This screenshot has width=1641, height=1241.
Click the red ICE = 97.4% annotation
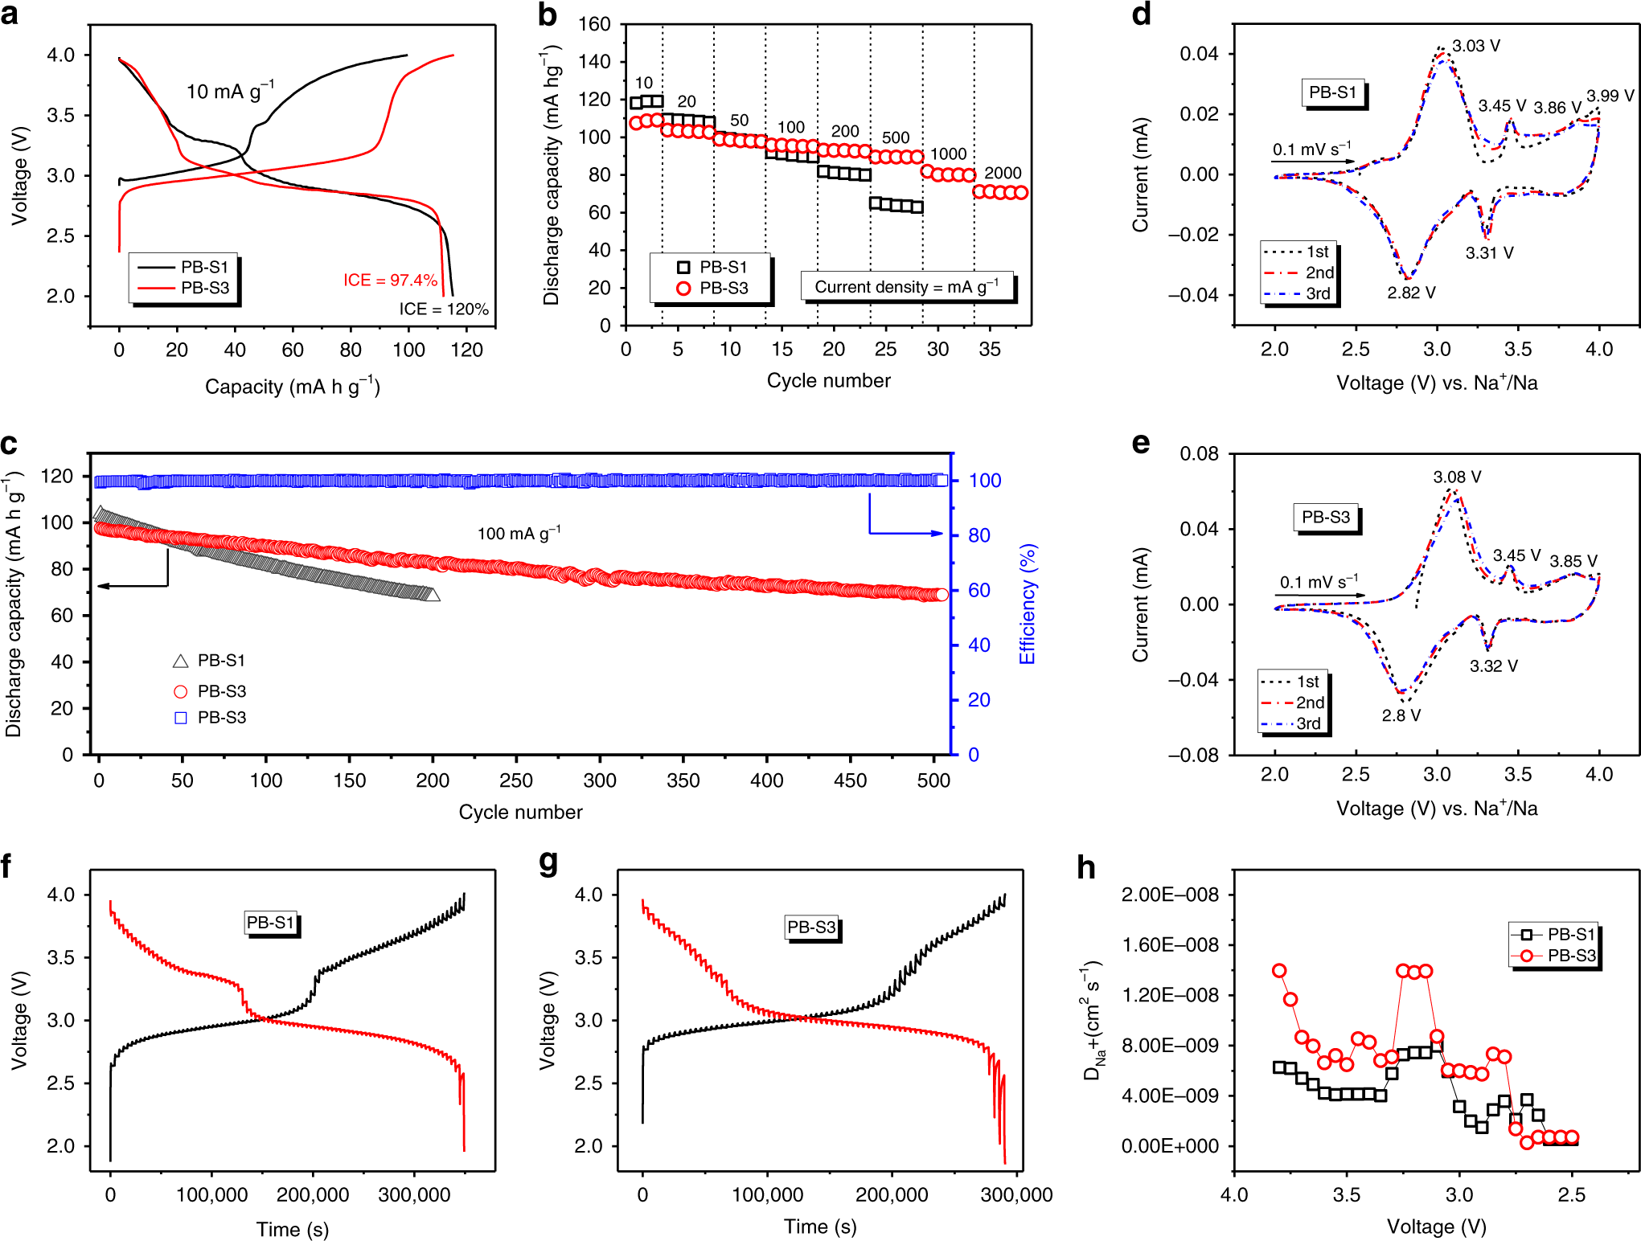(x=390, y=280)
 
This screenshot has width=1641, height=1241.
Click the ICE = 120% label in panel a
(x=444, y=309)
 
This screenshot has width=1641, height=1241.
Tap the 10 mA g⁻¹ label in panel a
(x=230, y=91)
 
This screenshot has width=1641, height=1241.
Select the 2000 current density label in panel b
(x=1003, y=173)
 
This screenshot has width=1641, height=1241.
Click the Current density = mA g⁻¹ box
(x=907, y=287)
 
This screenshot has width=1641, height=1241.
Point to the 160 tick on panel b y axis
(x=594, y=24)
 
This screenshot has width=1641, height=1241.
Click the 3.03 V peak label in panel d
(x=1475, y=46)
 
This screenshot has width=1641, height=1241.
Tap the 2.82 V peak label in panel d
(x=1411, y=293)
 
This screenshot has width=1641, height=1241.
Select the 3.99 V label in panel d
(x=1610, y=96)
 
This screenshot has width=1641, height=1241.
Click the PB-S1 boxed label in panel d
(x=1332, y=92)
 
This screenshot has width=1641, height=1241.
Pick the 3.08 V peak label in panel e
(x=1457, y=477)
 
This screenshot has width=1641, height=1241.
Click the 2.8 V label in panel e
(x=1401, y=715)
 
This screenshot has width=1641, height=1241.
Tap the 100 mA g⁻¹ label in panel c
(x=519, y=534)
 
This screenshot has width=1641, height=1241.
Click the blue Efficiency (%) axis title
(x=1028, y=604)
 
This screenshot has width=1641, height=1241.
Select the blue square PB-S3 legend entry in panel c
(x=211, y=717)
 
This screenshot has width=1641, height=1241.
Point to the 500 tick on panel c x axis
(x=933, y=780)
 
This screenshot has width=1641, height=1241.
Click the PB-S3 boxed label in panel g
(x=811, y=927)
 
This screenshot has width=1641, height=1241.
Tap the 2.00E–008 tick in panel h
(x=1170, y=895)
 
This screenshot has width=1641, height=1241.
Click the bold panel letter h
(x=1085, y=868)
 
